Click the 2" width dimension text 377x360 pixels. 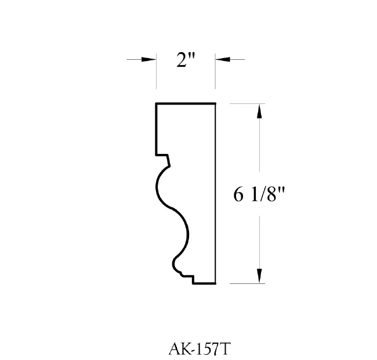tap(186, 60)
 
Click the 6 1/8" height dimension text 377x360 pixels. tap(259, 195)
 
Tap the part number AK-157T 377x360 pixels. tap(200, 349)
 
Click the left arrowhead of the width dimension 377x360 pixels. tap(149, 59)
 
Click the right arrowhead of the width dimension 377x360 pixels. tap(223, 59)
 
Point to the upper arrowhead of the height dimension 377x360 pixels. tap(259, 111)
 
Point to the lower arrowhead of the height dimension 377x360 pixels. tap(259, 276)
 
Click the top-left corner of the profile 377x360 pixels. tap(156, 104)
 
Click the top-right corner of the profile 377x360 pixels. tap(215, 104)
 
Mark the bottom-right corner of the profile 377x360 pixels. tap(215, 283)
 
